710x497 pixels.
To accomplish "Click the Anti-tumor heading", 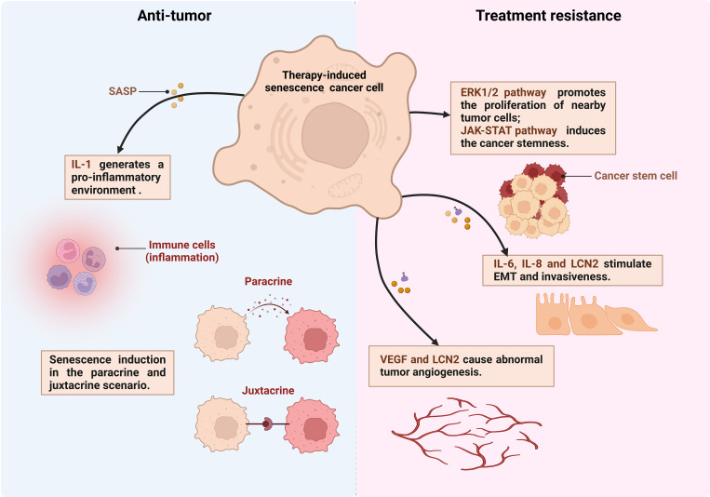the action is point(174,16).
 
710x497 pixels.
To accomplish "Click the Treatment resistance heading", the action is point(548,16).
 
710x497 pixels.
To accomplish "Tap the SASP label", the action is point(122,91).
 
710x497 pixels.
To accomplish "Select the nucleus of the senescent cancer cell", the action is point(335,135).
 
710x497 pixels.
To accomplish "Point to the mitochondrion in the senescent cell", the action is point(345,186).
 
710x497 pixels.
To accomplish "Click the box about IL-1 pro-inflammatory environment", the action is point(117,177).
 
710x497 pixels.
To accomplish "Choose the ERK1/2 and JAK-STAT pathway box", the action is point(533,118).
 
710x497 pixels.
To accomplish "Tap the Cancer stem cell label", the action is point(636,176).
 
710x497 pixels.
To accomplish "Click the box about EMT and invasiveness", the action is point(572,270).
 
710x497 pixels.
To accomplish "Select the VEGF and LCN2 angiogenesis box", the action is point(462,366).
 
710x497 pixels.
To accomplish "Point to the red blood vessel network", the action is point(466,433).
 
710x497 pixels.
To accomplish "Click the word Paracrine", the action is point(268,281).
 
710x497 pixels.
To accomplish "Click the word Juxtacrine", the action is point(268,391).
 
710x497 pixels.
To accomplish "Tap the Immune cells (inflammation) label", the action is point(182,251).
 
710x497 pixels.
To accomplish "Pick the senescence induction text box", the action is point(107,372).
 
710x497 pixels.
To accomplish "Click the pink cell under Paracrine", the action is point(312,336).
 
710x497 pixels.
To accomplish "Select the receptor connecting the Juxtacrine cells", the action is point(268,424).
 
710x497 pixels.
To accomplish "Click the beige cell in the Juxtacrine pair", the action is point(221,424).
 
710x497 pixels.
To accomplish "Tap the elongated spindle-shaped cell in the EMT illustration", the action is point(629,318).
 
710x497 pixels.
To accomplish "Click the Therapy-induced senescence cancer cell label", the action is point(324,81).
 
